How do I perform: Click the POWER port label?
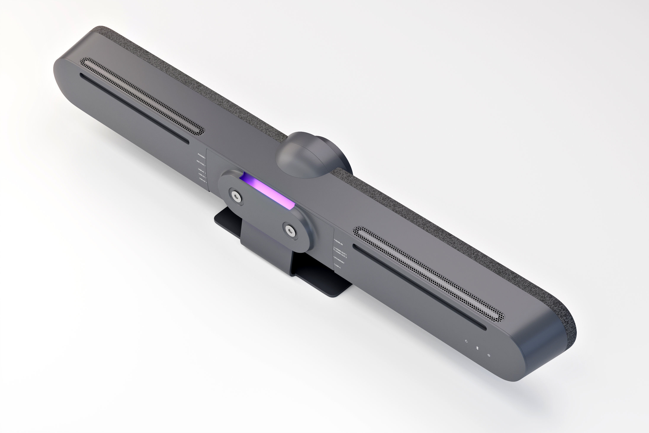pyautogui.click(x=201, y=155)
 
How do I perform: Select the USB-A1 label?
pyautogui.click(x=201, y=170)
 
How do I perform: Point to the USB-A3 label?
pyautogui.click(x=202, y=179)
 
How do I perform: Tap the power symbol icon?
pyautogui.click(x=489, y=355)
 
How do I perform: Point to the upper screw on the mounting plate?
pyautogui.click(x=236, y=196)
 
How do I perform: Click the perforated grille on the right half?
pyautogui.click(x=428, y=273)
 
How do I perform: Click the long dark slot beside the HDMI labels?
pyautogui.click(x=419, y=287)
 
